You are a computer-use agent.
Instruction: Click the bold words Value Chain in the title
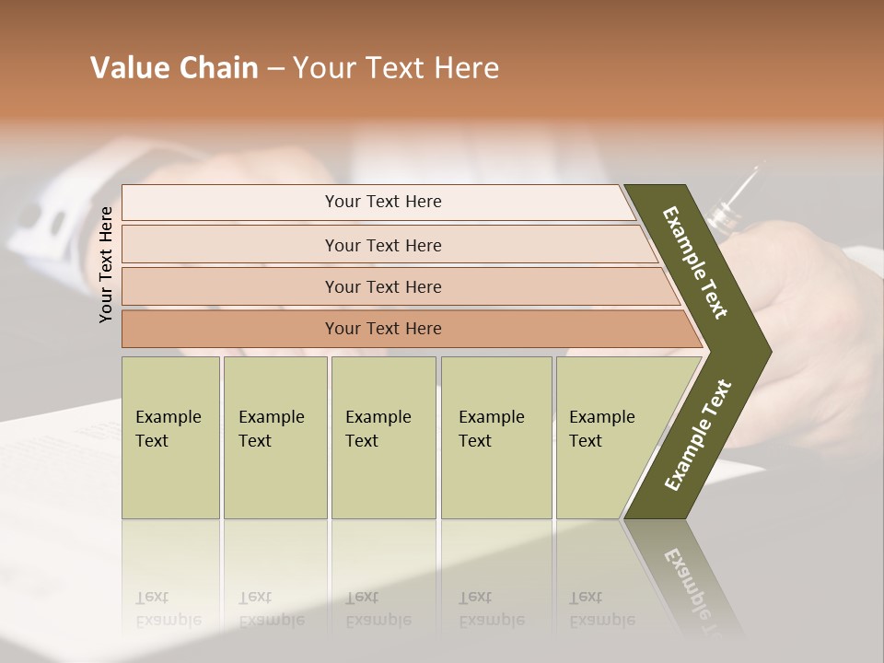click(x=174, y=68)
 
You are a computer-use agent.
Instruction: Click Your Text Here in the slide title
click(x=396, y=68)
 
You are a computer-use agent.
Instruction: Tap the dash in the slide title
click(x=275, y=69)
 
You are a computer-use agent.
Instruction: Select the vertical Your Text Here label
click(x=107, y=264)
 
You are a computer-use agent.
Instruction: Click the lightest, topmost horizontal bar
click(x=382, y=202)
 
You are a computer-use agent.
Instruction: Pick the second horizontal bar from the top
click(x=382, y=245)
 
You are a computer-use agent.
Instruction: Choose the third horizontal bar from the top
click(x=382, y=286)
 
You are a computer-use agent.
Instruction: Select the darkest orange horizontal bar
click(x=382, y=329)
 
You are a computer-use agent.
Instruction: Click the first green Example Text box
click(x=170, y=437)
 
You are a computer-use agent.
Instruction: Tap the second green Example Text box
click(x=274, y=437)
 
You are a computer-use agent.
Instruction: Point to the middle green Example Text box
click(x=383, y=437)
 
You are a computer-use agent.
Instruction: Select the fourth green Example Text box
click(x=495, y=437)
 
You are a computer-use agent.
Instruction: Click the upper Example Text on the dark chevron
click(x=695, y=262)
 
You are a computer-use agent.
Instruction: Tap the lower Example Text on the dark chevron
click(x=697, y=436)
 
